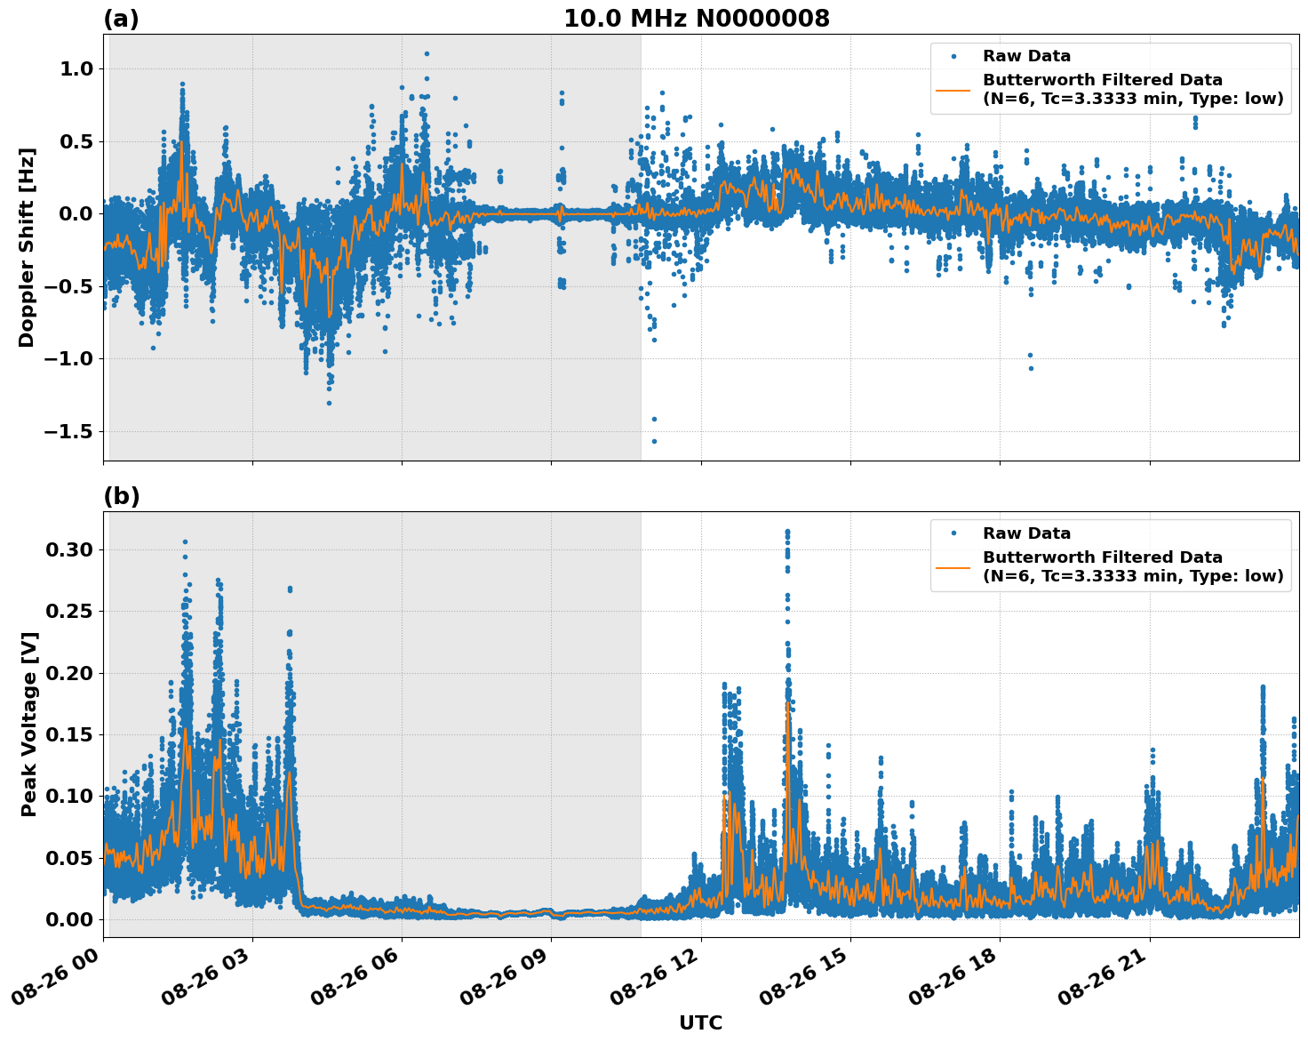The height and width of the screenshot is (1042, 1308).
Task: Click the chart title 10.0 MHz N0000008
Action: (x=696, y=19)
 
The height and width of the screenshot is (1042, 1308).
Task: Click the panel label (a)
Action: (x=121, y=19)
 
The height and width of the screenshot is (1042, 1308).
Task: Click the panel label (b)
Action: (x=121, y=496)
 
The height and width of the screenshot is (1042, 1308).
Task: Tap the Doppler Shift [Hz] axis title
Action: (x=27, y=247)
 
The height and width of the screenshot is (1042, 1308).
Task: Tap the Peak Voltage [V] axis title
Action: (x=29, y=743)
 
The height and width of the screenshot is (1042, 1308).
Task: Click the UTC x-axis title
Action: (x=700, y=1022)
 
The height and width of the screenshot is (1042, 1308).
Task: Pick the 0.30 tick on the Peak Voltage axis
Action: (x=69, y=549)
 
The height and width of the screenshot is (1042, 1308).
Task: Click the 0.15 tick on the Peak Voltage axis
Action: (x=69, y=734)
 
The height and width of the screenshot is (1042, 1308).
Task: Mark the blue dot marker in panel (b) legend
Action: (x=953, y=533)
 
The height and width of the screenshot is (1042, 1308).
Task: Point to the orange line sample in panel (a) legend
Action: (x=953, y=90)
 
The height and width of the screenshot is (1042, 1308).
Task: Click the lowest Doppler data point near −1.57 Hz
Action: (x=654, y=441)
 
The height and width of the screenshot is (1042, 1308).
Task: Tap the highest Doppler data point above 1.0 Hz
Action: (x=427, y=53)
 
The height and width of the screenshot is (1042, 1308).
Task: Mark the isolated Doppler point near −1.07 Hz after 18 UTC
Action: (x=1031, y=368)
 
